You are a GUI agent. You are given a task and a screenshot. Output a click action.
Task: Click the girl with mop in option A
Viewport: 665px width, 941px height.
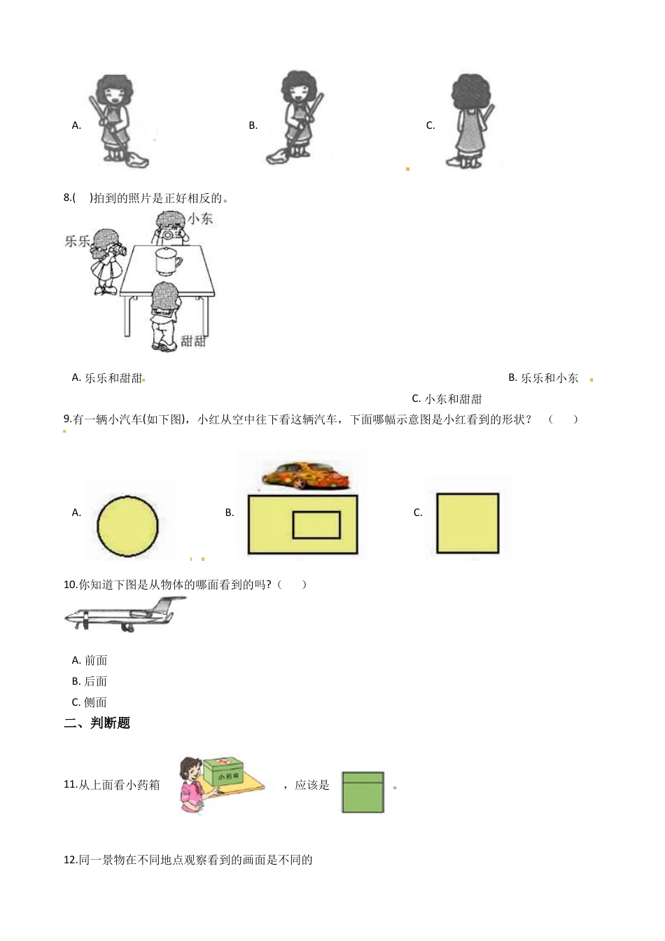[115, 121]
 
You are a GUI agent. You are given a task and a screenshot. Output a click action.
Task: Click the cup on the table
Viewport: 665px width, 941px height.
[168, 261]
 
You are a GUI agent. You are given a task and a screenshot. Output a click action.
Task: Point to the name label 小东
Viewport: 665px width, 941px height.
[200, 218]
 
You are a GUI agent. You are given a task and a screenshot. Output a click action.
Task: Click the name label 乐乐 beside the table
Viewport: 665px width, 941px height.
[78, 241]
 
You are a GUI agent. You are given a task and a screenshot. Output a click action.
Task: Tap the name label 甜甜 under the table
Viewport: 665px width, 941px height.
[193, 341]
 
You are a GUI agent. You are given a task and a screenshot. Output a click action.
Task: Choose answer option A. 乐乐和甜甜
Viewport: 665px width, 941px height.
[107, 378]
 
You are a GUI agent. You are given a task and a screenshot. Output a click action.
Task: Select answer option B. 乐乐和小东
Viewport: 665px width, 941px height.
[543, 378]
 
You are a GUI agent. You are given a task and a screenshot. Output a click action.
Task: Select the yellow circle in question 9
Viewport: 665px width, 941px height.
[127, 527]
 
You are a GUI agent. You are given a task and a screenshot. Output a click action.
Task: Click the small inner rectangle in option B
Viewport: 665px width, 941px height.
[316, 525]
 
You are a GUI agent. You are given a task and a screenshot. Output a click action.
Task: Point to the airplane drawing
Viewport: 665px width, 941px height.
[125, 616]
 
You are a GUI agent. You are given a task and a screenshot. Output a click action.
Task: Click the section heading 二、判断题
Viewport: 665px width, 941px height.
[97, 723]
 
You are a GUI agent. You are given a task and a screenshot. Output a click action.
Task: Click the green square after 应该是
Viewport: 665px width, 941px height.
[363, 792]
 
